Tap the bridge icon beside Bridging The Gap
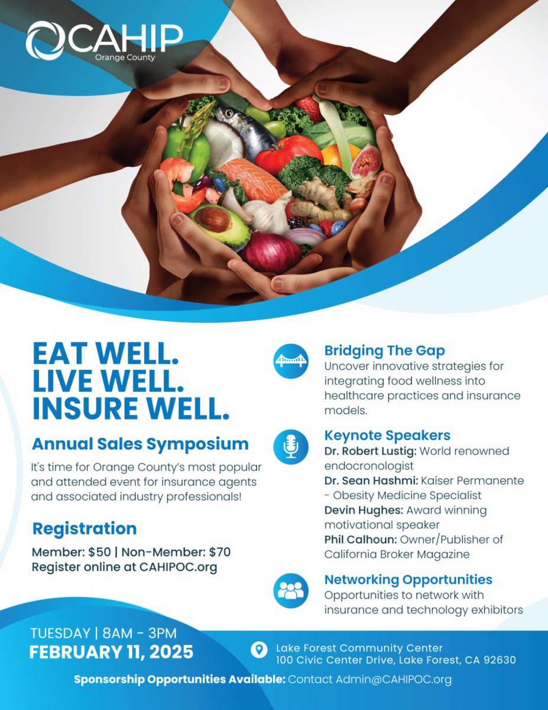click(x=290, y=361)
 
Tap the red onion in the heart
click(x=273, y=251)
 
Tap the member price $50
click(x=97, y=553)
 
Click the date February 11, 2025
click(x=112, y=652)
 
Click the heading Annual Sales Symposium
click(x=140, y=444)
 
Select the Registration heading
click(x=84, y=528)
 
